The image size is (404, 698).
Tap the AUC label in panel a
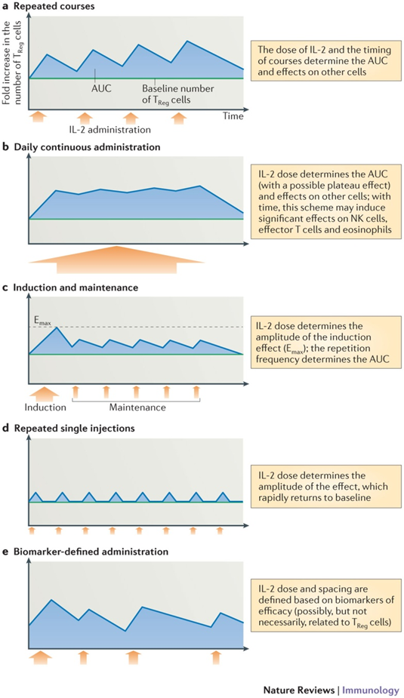click(101, 88)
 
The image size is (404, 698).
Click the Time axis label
click(233, 116)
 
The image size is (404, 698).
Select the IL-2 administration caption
click(108, 130)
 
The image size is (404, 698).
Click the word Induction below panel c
click(45, 407)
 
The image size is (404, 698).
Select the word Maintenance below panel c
click(137, 407)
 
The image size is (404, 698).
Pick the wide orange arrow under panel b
click(116, 260)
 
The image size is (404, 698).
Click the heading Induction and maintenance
click(76, 288)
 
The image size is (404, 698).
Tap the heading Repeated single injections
click(75, 429)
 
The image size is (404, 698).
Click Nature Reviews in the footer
click(298, 690)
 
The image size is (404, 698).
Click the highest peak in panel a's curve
click(187, 41)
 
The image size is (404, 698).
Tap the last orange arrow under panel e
click(217, 657)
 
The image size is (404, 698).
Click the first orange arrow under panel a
click(39, 118)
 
